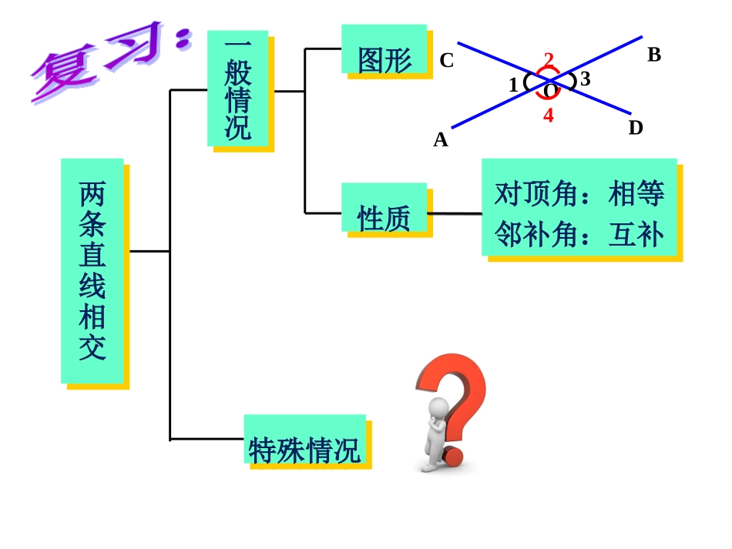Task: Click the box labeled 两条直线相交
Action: (x=92, y=270)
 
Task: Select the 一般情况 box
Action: (x=237, y=89)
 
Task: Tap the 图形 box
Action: (x=384, y=49)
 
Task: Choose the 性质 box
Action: (x=384, y=208)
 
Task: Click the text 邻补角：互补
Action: (x=579, y=234)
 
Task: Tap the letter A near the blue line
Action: (x=441, y=139)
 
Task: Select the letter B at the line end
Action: (x=654, y=55)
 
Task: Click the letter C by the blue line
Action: (x=447, y=61)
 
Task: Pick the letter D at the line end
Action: (x=636, y=128)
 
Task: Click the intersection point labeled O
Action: (x=548, y=90)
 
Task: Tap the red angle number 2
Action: (x=549, y=59)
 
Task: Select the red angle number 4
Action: (x=548, y=116)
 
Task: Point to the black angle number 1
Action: (x=513, y=85)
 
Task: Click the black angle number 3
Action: (x=586, y=79)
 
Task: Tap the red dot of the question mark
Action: (x=452, y=457)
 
